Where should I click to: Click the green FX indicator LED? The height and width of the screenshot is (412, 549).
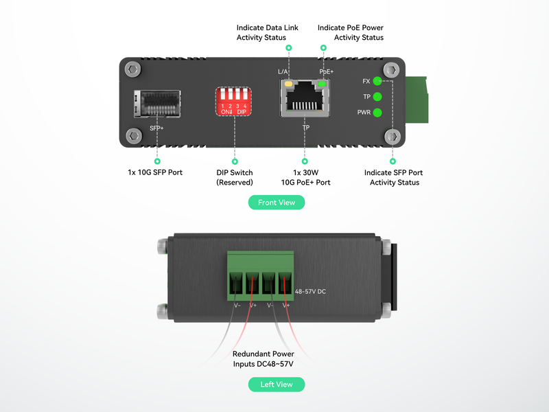(377, 81)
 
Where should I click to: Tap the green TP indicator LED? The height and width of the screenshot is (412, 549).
(377, 97)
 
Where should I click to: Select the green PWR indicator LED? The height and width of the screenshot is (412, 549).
(377, 112)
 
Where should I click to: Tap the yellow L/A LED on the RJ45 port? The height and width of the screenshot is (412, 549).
(289, 85)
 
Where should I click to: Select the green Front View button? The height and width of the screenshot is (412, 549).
(276, 203)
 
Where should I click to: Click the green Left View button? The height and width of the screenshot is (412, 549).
(276, 385)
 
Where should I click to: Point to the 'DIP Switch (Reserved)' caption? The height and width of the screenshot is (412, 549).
(235, 177)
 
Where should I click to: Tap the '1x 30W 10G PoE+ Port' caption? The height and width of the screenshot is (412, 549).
(305, 177)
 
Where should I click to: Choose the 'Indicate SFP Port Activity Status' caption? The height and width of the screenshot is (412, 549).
(394, 177)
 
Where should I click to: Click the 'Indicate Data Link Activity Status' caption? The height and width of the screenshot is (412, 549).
(261, 32)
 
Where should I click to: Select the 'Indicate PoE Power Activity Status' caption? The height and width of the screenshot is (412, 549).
(350, 32)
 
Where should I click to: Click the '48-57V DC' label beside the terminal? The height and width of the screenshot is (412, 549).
(310, 291)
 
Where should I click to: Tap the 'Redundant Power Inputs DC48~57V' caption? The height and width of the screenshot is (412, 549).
(264, 358)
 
